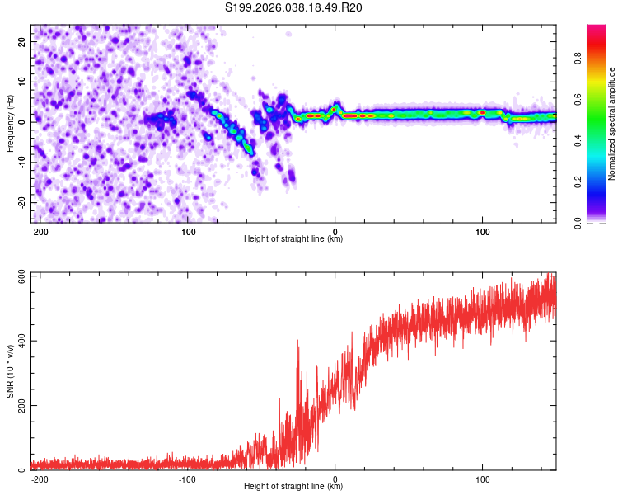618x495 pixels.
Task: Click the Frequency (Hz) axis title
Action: tap(10, 122)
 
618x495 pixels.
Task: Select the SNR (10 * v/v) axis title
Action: tap(10, 370)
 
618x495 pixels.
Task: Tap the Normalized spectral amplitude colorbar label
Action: tap(612, 124)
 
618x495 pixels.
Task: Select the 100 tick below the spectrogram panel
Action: tap(482, 230)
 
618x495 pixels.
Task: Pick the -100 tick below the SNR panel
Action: tap(187, 478)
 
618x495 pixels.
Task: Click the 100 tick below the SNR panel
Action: tap(482, 478)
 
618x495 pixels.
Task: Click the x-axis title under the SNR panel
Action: tap(293, 487)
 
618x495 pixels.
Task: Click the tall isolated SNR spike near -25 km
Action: tap(297, 346)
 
